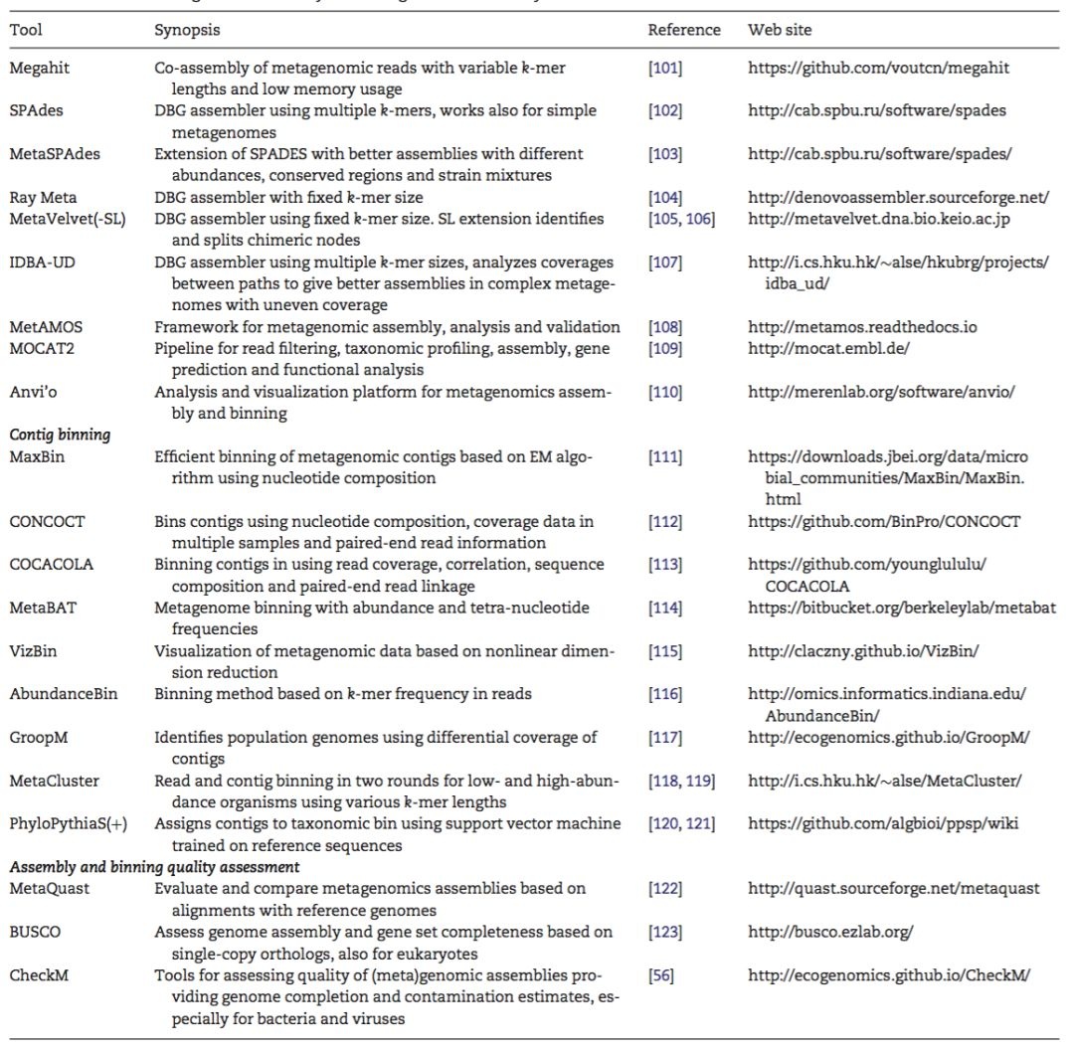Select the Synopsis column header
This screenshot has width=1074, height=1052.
pos(187,30)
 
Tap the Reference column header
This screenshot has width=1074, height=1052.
pos(684,30)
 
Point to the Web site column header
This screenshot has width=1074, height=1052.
pos(780,30)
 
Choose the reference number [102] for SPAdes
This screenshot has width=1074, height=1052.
pos(665,110)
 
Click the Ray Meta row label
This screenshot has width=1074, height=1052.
pos(43,198)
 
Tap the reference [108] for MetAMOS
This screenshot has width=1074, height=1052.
pos(665,327)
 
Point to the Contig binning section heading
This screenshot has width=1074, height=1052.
pos(60,435)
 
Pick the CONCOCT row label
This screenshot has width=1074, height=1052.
pos(47,521)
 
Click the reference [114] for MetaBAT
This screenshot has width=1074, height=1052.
pos(665,608)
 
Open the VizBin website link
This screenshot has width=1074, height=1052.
pos(864,650)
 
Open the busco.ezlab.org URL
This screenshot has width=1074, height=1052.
pos(830,932)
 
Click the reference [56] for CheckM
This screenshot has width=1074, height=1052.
pos(661,975)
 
